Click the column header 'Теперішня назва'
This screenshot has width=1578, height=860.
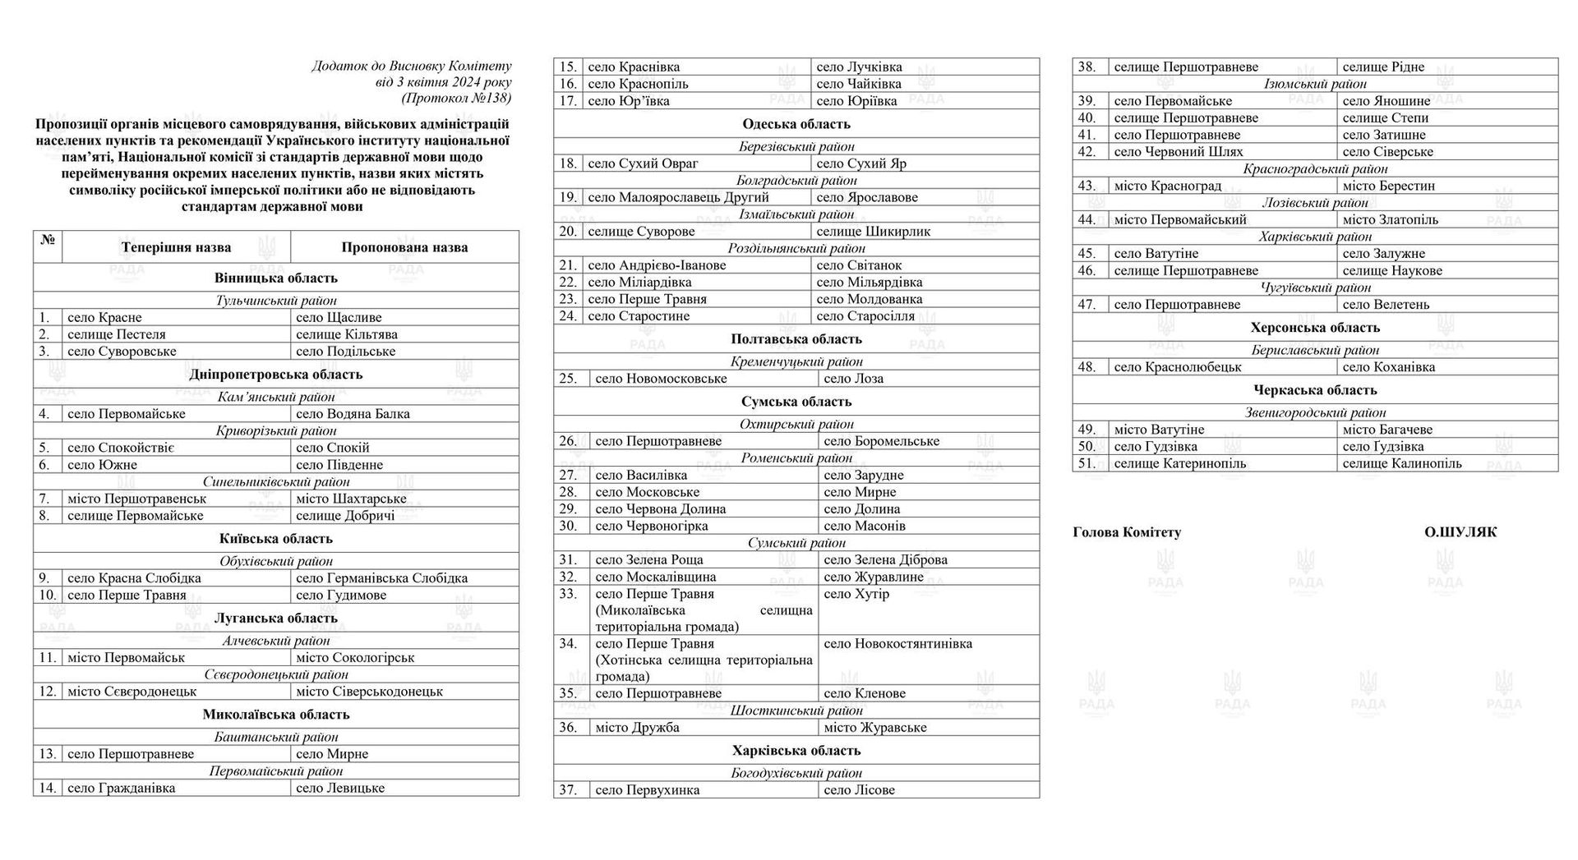(176, 247)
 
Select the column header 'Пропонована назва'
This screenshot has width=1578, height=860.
(404, 247)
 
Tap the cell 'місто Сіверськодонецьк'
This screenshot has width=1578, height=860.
(369, 692)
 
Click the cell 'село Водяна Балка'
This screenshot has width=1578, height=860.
(353, 414)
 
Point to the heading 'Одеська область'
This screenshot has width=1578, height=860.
(796, 124)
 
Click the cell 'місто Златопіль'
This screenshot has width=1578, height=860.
(1390, 220)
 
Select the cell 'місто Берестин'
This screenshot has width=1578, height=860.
(1388, 186)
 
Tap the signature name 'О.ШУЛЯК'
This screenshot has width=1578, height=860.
(1460, 532)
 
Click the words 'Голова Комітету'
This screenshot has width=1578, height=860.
(1127, 532)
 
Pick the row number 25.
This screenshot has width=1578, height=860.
(568, 379)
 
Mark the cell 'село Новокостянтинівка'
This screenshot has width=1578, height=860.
(897, 644)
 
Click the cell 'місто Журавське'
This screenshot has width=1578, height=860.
(874, 728)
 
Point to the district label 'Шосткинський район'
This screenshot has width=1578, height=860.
(796, 711)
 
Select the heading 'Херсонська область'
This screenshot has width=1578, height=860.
(1315, 328)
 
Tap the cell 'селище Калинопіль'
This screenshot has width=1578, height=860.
(1401, 463)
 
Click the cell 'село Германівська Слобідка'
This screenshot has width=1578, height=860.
(381, 578)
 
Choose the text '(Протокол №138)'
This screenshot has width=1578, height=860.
(456, 99)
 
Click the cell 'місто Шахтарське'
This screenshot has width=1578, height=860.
(351, 499)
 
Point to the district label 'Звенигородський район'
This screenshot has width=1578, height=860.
(1315, 412)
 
